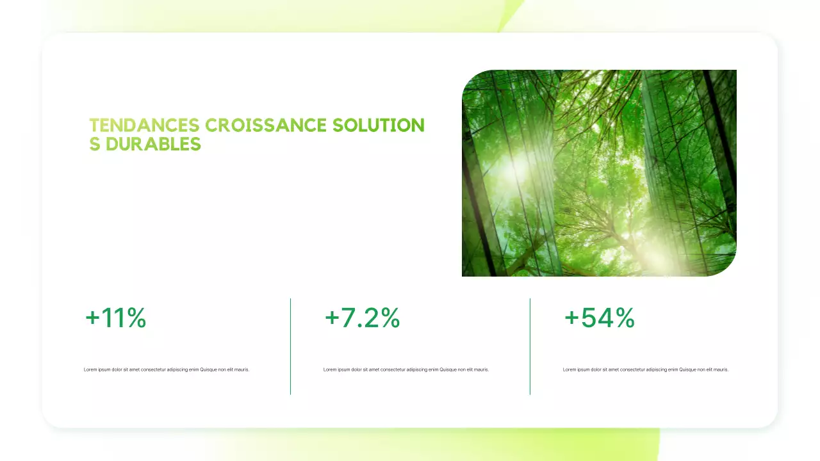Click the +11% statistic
click(x=116, y=318)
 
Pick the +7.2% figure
click(x=363, y=318)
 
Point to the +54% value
click(x=600, y=318)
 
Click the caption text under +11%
click(x=167, y=369)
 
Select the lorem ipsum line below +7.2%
click(x=406, y=369)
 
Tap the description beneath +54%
click(x=646, y=369)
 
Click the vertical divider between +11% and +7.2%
click(x=290, y=346)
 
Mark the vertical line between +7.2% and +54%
click(x=530, y=346)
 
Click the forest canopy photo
click(x=599, y=173)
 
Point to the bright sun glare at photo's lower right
click(x=660, y=256)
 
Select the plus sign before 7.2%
click(x=332, y=318)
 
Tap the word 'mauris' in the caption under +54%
click(x=721, y=369)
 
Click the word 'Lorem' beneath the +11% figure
click(x=90, y=369)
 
